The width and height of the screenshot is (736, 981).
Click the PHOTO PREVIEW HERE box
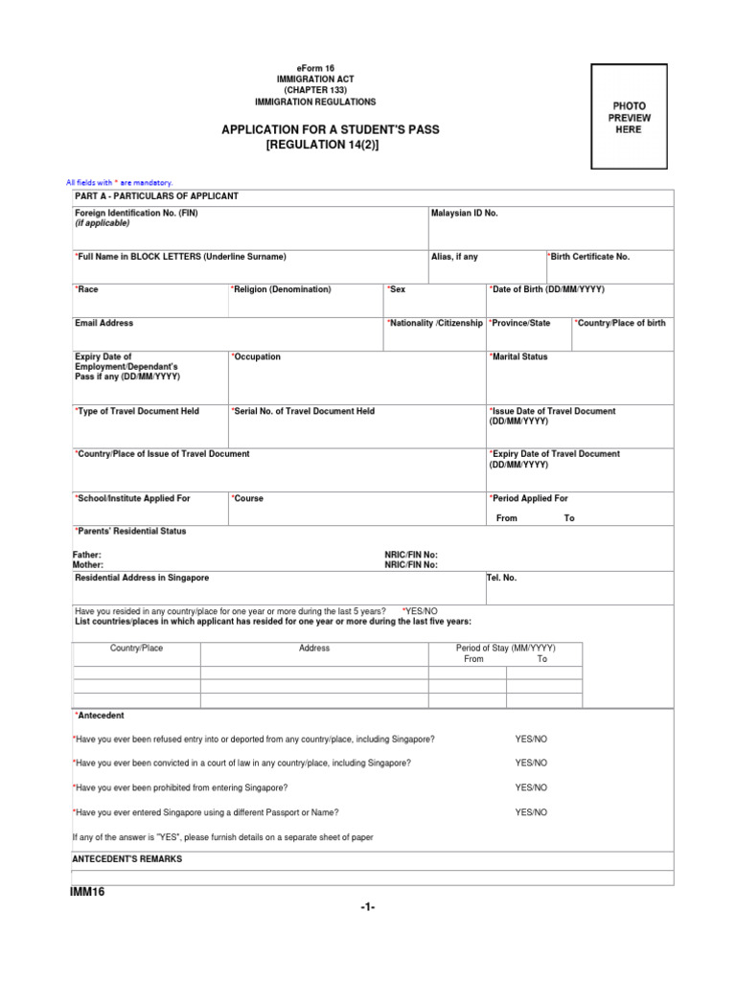(629, 117)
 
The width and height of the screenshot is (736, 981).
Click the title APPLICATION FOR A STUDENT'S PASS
(331, 128)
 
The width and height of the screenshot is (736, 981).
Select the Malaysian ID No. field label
(465, 214)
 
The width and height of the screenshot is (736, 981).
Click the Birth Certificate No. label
(588, 257)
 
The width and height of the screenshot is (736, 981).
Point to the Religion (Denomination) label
(281, 289)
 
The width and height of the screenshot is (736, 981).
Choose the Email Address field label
(103, 324)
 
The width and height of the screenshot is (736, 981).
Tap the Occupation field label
(256, 356)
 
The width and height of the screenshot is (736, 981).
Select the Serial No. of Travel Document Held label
(303, 411)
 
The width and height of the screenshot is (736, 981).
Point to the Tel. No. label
(502, 578)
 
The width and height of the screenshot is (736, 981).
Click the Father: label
(87, 555)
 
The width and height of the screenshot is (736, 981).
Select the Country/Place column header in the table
(136, 649)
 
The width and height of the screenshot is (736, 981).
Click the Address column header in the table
(313, 649)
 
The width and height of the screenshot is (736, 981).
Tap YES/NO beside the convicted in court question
(531, 763)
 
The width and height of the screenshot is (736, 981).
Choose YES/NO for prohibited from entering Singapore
(531, 787)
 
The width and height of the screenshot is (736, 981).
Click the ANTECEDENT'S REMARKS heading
(127, 859)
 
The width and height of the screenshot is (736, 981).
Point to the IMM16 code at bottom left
(87, 892)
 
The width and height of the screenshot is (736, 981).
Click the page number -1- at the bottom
(367, 908)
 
